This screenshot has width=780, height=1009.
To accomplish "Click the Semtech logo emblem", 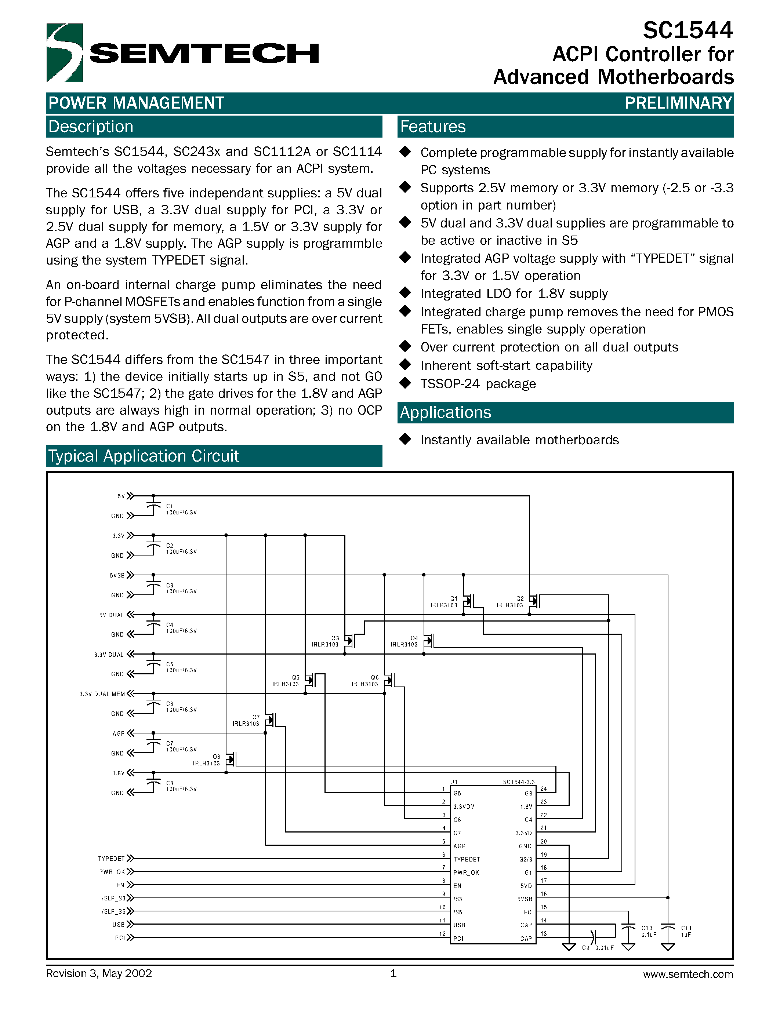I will click(x=65, y=53).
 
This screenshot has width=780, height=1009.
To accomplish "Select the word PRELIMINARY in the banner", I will click(x=678, y=103).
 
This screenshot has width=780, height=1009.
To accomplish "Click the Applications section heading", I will click(x=445, y=412).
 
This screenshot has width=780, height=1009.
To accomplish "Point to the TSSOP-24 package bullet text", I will click(x=478, y=384).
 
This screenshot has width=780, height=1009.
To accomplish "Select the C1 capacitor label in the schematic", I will click(x=170, y=506).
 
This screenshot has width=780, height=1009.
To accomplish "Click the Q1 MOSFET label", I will click(x=453, y=598).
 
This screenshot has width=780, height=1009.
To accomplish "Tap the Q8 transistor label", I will click(x=216, y=756).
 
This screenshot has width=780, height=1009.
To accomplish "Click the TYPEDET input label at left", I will click(x=111, y=859).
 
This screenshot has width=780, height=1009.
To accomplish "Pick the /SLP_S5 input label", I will click(x=113, y=911).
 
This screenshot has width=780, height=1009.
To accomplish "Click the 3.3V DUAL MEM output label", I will click(x=102, y=694).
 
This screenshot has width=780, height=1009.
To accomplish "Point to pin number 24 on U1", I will click(x=543, y=788).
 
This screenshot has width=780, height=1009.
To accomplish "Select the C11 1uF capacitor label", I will click(x=686, y=931).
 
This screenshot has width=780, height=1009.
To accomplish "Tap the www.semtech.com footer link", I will click(x=688, y=974).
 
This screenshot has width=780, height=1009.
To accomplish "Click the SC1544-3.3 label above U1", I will click(x=518, y=782).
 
